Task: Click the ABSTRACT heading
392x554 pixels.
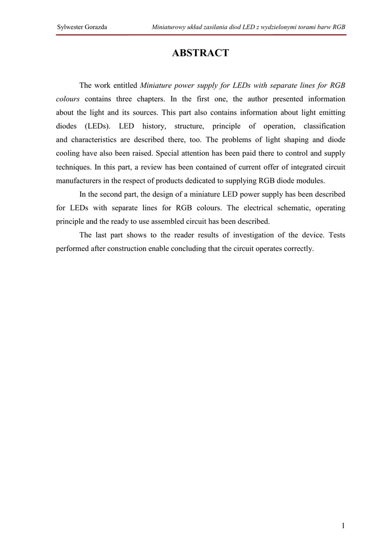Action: click(x=200, y=53)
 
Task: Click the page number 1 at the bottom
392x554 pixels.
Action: click(x=343, y=525)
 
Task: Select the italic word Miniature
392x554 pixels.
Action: click(x=156, y=85)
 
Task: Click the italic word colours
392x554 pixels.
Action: click(x=68, y=99)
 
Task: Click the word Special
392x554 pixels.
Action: click(x=171, y=153)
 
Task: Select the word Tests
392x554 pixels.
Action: click(x=337, y=235)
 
